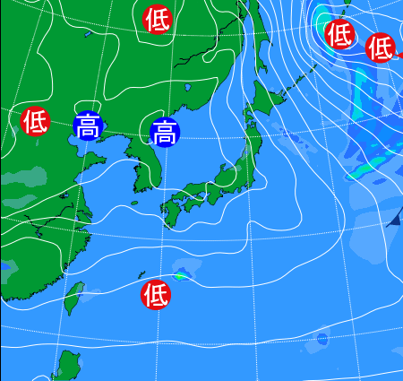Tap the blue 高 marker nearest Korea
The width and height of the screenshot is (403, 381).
click(x=165, y=134)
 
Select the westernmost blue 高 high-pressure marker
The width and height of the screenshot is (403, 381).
click(x=88, y=126)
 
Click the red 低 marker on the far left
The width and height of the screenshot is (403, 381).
click(x=35, y=119)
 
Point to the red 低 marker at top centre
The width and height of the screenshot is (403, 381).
click(x=158, y=18)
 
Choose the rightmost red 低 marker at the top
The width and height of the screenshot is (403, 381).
click(x=381, y=46)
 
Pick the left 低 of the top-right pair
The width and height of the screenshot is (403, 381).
click(x=339, y=35)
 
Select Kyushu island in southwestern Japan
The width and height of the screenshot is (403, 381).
click(x=171, y=207)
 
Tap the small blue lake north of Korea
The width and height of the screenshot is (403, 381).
click(x=187, y=89)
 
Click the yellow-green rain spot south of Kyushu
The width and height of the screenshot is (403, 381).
click(x=179, y=276)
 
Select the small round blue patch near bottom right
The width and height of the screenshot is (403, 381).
click(x=322, y=339)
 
